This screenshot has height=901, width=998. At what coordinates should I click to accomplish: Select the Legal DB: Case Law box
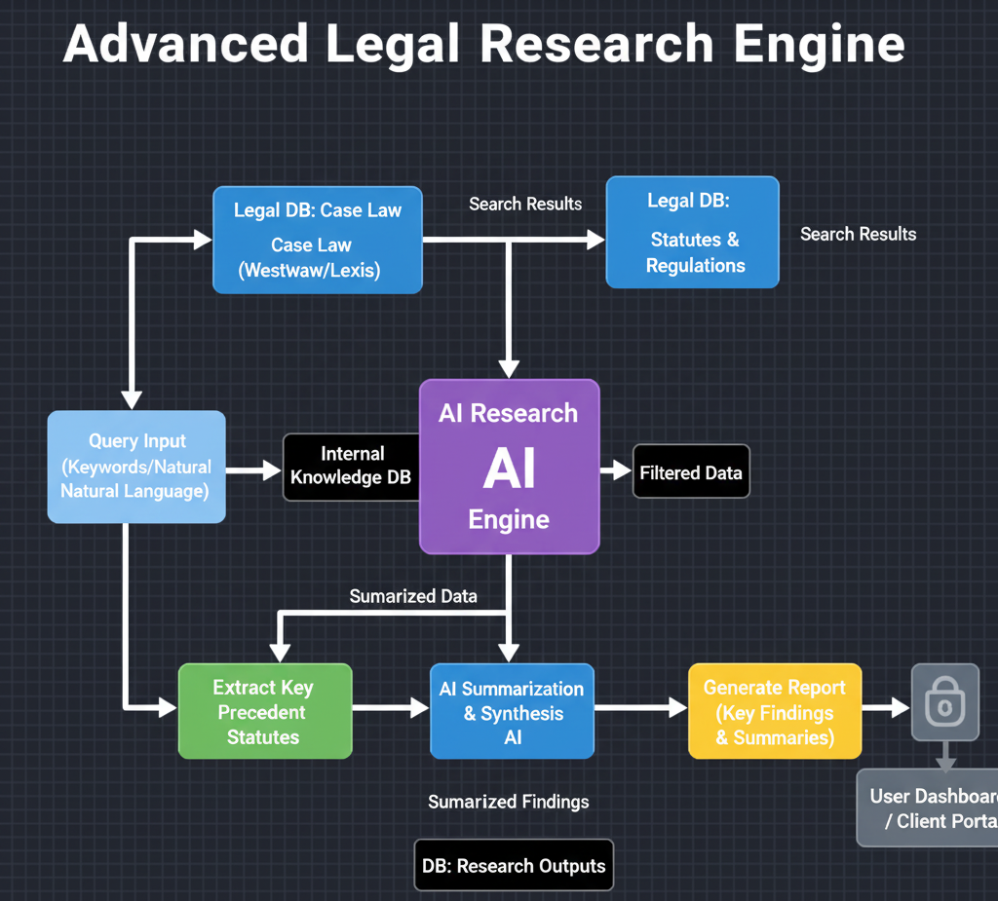pos(318,240)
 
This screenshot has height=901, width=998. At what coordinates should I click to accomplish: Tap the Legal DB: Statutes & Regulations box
pos(693,232)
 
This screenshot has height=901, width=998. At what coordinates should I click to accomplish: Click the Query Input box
pos(136,467)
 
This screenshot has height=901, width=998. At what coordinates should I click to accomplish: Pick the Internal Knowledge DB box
pos(351,467)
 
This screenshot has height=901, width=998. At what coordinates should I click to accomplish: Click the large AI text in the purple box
pos(509,469)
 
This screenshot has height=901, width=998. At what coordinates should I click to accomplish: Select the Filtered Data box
pos(691,472)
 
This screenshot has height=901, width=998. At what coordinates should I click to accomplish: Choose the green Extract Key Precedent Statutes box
pos(264,712)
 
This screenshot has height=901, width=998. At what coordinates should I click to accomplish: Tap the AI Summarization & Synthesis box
pos(512,712)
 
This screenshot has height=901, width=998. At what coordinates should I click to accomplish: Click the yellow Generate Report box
pos(775,712)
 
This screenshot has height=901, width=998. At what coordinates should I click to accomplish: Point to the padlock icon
pos(944,702)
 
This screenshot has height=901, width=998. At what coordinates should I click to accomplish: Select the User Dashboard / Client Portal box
pos(931,807)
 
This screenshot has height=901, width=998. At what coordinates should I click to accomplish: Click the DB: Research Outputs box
pos(514,865)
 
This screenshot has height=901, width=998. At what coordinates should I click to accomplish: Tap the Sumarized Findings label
pos(509,802)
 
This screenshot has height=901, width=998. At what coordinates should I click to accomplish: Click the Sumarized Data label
pos(413,595)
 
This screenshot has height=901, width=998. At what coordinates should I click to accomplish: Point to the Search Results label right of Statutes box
pos(858,234)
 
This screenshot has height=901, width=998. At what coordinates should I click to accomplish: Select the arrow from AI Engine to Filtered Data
pos(616,471)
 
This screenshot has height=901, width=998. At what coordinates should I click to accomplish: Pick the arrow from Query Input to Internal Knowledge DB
pos(253,470)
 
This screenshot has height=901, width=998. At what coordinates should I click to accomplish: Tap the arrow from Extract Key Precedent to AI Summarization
pos(390,708)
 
